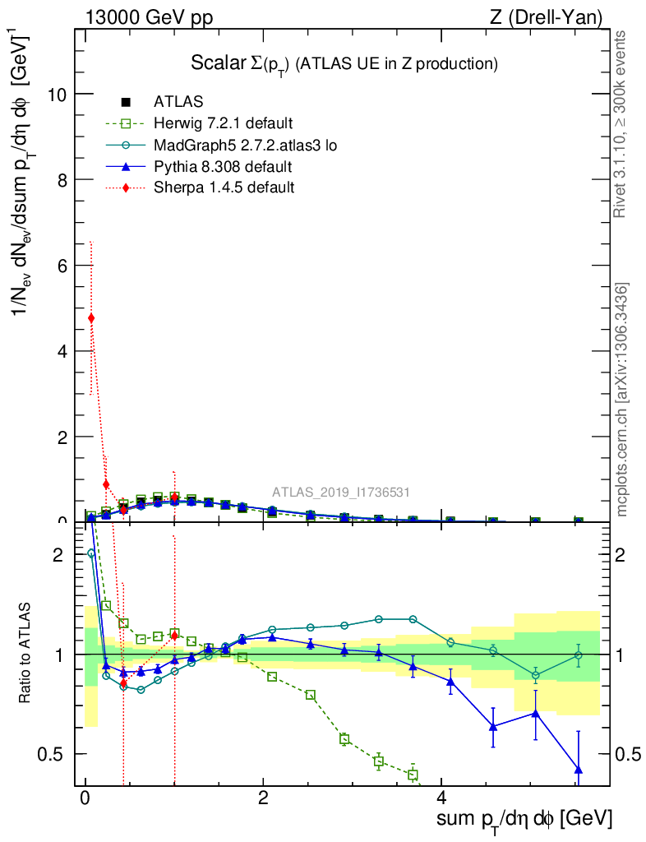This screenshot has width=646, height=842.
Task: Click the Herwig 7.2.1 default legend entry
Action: coord(223,124)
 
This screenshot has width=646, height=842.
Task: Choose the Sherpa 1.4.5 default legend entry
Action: coord(224,188)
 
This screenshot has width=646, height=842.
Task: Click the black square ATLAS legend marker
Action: coord(125,103)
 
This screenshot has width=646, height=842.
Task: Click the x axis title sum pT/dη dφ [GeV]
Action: coord(524,819)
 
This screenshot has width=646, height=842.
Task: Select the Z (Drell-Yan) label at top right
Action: coord(556,17)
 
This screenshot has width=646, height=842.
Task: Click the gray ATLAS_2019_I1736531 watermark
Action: coord(341,492)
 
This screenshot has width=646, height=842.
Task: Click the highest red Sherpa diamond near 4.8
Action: coord(91,318)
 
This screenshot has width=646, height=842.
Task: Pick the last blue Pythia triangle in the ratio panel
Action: coord(579,770)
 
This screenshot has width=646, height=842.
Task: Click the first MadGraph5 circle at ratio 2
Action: coord(91,553)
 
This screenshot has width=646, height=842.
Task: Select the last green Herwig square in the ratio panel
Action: coord(413,775)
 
